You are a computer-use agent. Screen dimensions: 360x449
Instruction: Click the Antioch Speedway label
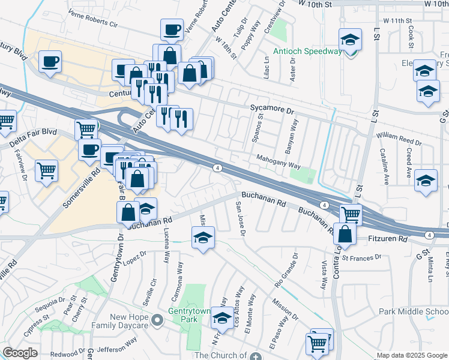click(x=307, y=52)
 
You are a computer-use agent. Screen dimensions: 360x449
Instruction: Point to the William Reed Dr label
click(x=399, y=140)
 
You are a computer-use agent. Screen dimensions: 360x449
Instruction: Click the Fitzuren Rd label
click(x=387, y=239)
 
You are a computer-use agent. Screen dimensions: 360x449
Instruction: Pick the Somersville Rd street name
click(x=81, y=188)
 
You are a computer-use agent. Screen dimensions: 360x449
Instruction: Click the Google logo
click(x=20, y=353)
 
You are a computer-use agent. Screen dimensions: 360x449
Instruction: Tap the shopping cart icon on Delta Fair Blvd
click(x=86, y=129)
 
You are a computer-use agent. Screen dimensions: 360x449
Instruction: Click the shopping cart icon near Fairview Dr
click(x=46, y=171)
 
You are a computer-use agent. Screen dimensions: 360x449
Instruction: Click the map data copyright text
click(x=412, y=355)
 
